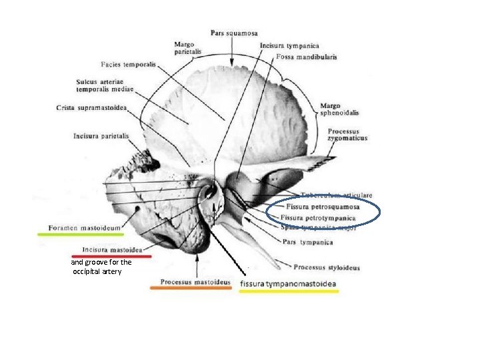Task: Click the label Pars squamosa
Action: coord(234,33)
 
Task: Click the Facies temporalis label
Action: coord(129,65)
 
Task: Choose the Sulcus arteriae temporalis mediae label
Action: coord(105,86)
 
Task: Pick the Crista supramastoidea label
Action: coord(92,107)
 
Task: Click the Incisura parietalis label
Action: coord(101,137)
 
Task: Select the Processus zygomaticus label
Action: coord(347,135)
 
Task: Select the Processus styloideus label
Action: coord(327,268)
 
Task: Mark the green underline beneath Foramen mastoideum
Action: coord(81,235)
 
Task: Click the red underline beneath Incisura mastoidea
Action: coord(111,256)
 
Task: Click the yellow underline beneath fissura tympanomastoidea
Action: coord(289,291)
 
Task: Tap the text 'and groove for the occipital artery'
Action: coord(101,267)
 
